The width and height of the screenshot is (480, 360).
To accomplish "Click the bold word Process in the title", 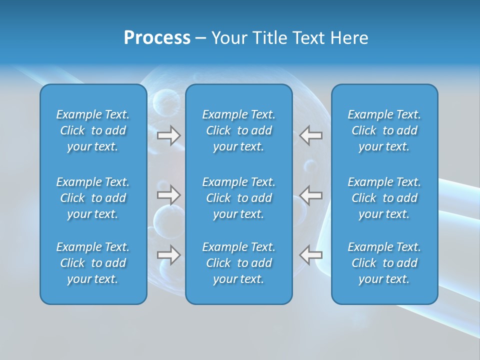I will (x=157, y=38).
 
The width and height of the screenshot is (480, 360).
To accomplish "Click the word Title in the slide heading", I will (x=269, y=38).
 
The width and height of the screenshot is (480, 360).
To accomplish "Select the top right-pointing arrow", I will (x=168, y=135).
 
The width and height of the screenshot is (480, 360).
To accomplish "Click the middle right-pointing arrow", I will (x=168, y=195).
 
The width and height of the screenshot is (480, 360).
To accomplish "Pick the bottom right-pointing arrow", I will (x=168, y=254).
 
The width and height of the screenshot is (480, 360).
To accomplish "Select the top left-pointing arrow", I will (x=311, y=135).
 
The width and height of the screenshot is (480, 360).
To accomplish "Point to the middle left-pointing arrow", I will (x=311, y=195).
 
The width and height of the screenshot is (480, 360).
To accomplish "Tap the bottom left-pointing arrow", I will (x=311, y=254).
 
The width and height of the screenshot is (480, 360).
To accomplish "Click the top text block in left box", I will (x=93, y=130).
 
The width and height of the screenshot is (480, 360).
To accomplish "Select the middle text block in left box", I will (x=93, y=198).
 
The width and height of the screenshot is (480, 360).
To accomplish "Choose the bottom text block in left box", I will (x=93, y=263).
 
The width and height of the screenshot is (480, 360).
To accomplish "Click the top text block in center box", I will (x=238, y=130).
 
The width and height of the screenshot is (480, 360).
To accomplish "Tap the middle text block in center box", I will (x=238, y=198).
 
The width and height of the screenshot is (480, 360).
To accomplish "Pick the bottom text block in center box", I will (x=238, y=263).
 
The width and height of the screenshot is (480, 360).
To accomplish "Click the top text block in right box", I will (x=384, y=130).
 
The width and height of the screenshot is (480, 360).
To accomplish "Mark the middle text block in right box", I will (x=384, y=198).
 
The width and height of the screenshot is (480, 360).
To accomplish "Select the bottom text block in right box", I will (x=384, y=263).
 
